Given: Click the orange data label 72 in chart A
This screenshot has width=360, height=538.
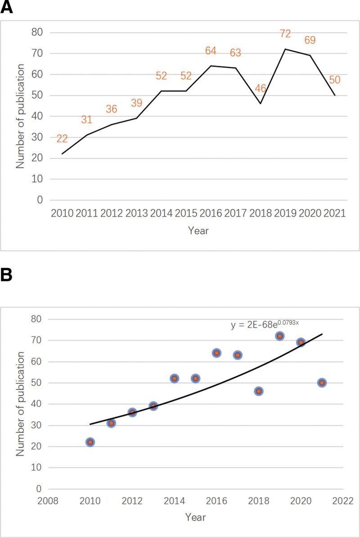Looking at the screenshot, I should [285, 33].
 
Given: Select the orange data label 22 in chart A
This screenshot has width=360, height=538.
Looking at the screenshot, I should [63, 139].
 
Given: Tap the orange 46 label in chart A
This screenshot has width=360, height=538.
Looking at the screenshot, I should [261, 88].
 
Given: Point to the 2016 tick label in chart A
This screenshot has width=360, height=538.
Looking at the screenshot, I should [210, 213].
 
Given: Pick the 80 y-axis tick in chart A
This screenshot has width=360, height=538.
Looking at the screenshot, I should [37, 32].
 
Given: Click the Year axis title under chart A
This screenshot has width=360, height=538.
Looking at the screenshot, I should [198, 231].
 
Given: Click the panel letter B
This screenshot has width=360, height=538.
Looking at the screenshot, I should [6, 275].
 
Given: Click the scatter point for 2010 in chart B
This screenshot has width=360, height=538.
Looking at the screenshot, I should [90, 442].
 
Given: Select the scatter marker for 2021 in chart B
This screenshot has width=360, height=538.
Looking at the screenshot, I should [322, 383].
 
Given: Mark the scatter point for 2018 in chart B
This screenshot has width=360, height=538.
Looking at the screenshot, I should [259, 391].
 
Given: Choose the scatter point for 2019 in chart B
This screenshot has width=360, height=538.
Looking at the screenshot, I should [279, 336].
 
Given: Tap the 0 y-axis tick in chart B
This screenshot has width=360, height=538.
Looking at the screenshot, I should [38, 489].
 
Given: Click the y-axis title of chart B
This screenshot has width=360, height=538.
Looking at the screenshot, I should [20, 403].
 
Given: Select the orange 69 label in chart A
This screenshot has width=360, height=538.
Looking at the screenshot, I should [310, 40].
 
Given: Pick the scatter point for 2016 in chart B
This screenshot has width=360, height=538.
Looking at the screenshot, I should [216, 353].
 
